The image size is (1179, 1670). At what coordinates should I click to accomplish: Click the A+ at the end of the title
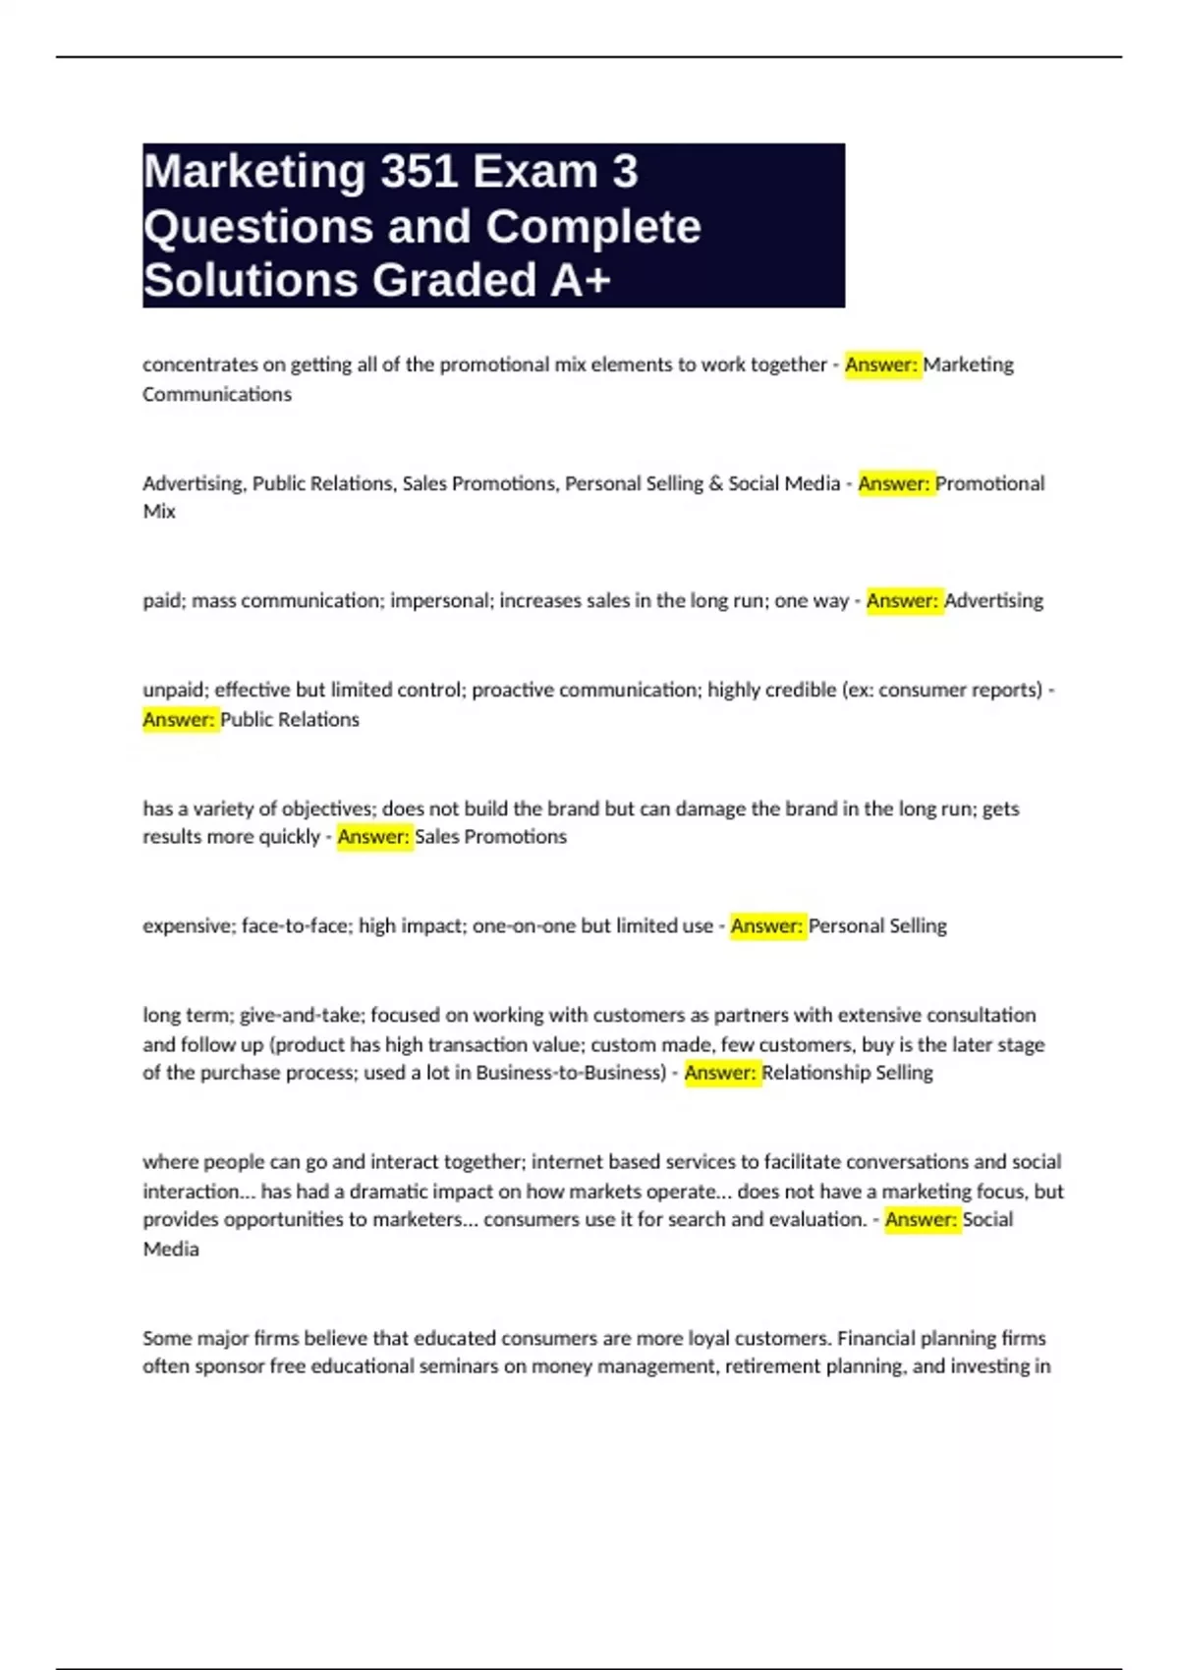(x=581, y=280)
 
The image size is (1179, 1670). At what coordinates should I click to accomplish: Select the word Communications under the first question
(x=217, y=394)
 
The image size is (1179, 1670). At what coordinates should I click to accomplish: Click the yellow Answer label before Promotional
(x=894, y=483)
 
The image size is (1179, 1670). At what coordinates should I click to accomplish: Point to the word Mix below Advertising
(x=159, y=512)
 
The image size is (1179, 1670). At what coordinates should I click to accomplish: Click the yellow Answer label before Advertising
(x=902, y=600)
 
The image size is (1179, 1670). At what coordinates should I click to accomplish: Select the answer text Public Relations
(x=290, y=719)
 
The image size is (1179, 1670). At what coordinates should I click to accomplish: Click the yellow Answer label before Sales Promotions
(x=373, y=837)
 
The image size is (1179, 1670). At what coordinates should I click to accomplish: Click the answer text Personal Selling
(x=877, y=925)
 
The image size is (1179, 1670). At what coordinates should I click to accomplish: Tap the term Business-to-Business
(x=571, y=1073)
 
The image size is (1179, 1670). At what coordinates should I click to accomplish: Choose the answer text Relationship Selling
(x=847, y=1073)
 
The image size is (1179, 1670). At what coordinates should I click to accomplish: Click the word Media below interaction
(x=171, y=1249)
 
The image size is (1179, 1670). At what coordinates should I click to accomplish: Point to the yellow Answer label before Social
(x=921, y=1219)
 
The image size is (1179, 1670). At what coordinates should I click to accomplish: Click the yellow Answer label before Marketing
(x=881, y=364)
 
